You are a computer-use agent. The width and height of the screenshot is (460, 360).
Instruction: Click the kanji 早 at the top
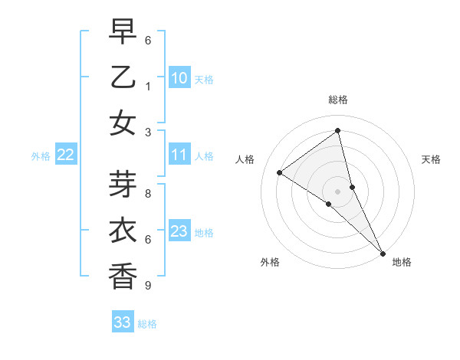123,33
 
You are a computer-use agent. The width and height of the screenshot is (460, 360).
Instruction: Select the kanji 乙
123,78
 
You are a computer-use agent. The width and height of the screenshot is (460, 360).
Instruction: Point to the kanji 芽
123,186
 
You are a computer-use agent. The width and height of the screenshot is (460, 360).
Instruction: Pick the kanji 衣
123,231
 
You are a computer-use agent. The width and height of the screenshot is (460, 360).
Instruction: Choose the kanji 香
123,276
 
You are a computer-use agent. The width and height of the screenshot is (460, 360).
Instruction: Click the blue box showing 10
179,78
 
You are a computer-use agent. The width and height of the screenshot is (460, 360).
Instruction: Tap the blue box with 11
179,155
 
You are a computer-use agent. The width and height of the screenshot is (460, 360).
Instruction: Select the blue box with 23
179,231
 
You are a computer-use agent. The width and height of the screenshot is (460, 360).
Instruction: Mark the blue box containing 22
66,155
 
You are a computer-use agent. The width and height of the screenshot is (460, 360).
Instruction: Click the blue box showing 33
123,322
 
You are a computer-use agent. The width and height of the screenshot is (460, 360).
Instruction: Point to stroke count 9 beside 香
148,286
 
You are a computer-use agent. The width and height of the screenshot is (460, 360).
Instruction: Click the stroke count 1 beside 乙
148,87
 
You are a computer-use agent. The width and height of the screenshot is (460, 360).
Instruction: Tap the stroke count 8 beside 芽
148,195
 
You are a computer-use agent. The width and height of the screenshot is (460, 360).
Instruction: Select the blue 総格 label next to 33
147,324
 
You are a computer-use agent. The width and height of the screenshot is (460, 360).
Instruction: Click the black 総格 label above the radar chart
338,100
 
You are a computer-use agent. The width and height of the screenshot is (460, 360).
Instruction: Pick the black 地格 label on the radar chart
402,262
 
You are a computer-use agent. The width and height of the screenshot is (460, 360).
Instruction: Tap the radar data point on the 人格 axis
279,173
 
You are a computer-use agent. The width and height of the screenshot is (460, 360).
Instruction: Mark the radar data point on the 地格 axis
382,253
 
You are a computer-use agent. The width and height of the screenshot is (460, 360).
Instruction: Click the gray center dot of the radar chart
338,191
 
